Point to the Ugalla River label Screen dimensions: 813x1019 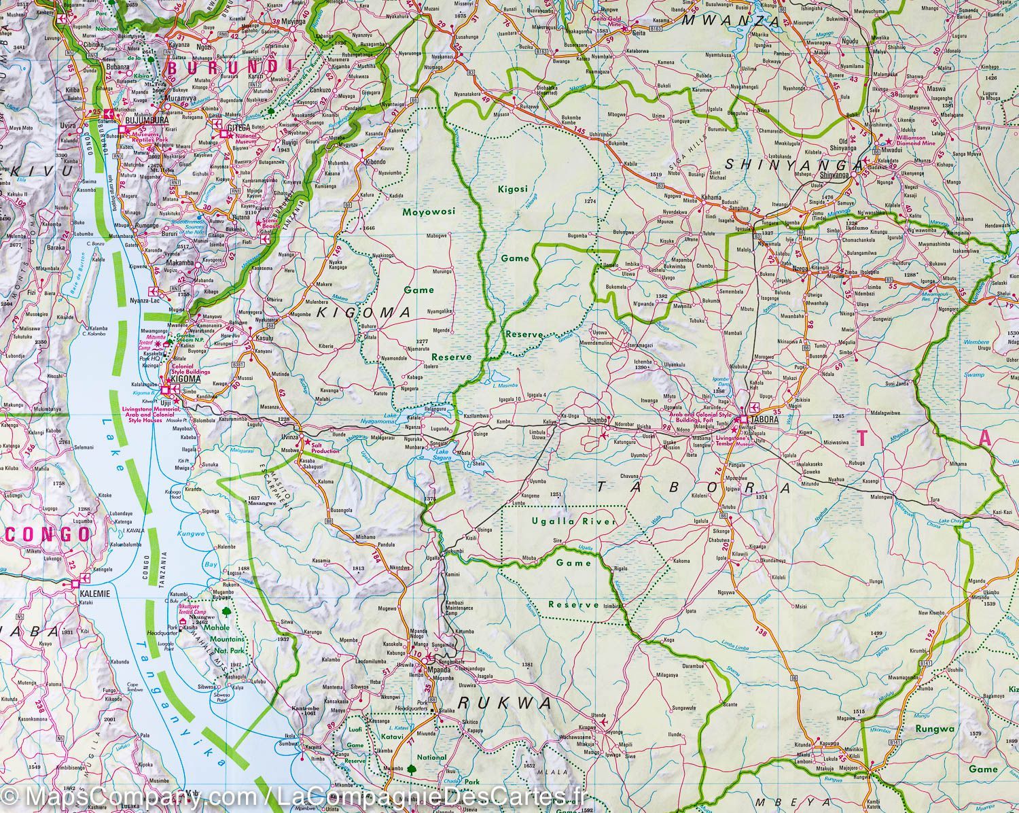coord(574,521)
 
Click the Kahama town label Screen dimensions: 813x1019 coord(711,197)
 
